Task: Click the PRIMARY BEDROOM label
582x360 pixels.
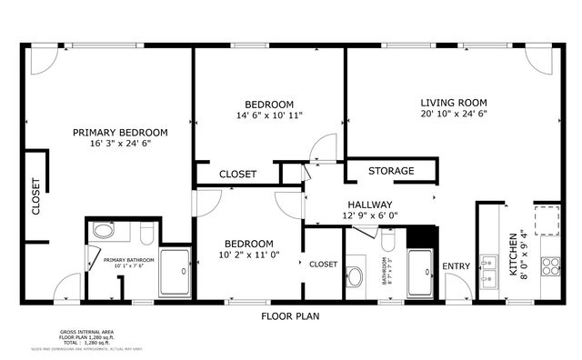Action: (x=120, y=132)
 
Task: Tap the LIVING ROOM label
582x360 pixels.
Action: (x=453, y=102)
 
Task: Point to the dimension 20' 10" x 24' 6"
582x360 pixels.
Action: (x=453, y=115)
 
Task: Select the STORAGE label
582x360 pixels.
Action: (x=391, y=171)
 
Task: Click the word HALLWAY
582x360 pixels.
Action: (x=369, y=205)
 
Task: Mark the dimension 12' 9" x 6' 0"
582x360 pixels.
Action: (x=369, y=215)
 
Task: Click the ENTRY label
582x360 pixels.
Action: (x=457, y=266)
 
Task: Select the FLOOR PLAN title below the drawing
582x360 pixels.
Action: (x=290, y=316)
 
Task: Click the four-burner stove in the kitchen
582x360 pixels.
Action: (x=549, y=265)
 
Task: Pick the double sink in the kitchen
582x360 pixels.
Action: (x=489, y=271)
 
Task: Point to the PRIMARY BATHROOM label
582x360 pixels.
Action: (x=128, y=260)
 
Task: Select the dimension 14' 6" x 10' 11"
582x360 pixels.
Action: (x=269, y=115)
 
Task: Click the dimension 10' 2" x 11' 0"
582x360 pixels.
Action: (x=249, y=255)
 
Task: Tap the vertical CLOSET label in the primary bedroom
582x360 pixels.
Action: (x=36, y=196)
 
